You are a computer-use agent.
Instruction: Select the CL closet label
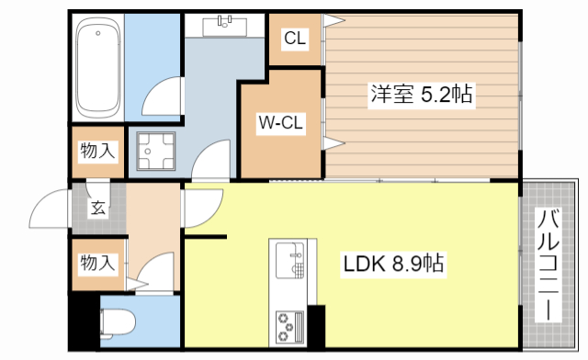coord(294,39)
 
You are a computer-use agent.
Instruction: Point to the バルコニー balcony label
coord(548,265)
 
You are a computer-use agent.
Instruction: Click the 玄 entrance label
coord(96,208)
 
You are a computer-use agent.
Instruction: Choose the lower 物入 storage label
coord(97,264)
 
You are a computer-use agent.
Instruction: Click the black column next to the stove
coord(316,325)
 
